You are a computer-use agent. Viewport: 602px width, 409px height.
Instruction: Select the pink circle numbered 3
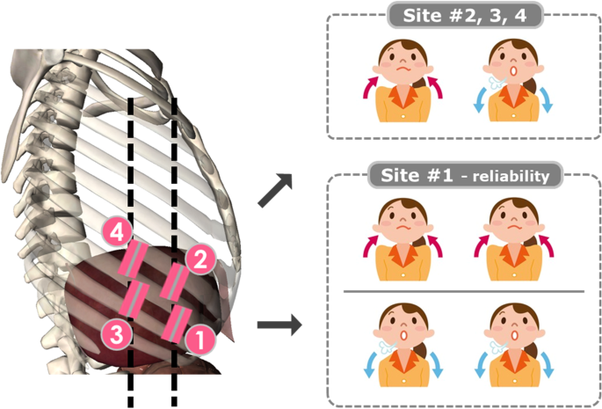(x=114, y=333)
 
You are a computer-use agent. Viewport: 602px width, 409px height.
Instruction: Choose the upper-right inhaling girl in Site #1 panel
(x=513, y=233)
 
